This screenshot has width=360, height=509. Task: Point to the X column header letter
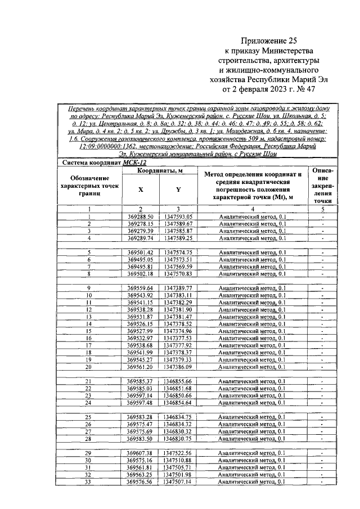pyautogui.click(x=141, y=190)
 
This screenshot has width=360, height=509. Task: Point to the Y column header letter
pyautogui.click(x=178, y=190)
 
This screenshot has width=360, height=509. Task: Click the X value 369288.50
pyautogui.click(x=140, y=216)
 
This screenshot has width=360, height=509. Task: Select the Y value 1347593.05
pyautogui.click(x=178, y=216)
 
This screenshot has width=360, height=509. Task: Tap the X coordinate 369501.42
pyautogui.click(x=140, y=253)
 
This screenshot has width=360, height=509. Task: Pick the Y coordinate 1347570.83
pyautogui.click(x=178, y=274)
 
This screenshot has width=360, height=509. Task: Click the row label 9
pyautogui.click(x=89, y=288)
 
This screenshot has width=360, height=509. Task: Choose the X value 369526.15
pyautogui.click(x=140, y=324)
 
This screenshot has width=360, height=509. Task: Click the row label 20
pyautogui.click(x=89, y=367)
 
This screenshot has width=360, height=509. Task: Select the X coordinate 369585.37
pyautogui.click(x=140, y=381)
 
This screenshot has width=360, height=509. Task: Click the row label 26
pyautogui.click(x=89, y=424)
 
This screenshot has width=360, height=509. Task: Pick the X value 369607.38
pyautogui.click(x=140, y=453)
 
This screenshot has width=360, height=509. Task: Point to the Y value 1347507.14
pyautogui.click(x=178, y=481)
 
